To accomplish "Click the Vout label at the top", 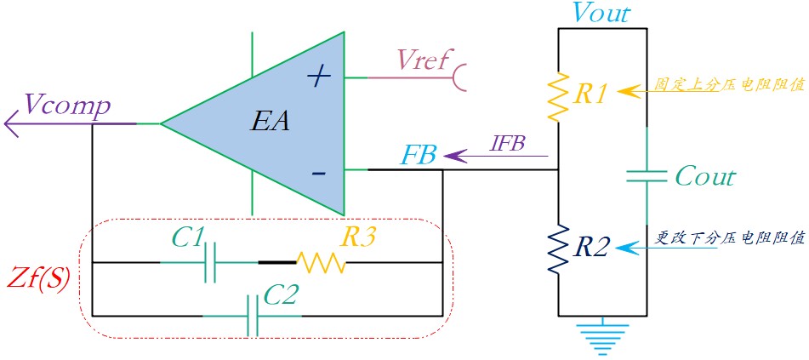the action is tap(601, 13).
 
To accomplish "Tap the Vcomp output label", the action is tap(67, 107).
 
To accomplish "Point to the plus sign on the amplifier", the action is tap(319, 77).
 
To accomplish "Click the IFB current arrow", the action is tap(496, 155).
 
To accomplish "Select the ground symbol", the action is tap(603, 339).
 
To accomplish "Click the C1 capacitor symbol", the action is tap(210, 263).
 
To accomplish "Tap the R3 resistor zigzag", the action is tap(322, 263).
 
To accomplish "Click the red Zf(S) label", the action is tap(39, 282).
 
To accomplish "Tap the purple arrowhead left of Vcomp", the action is tap(12, 124).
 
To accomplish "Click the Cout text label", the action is tap(704, 177).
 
